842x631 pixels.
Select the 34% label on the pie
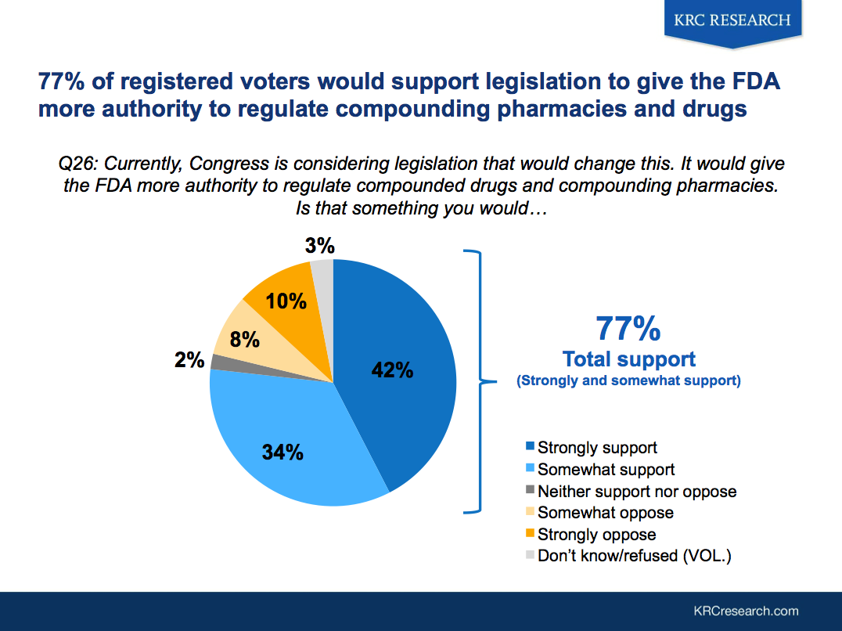pyautogui.click(x=282, y=452)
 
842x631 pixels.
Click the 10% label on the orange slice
pyautogui.click(x=286, y=300)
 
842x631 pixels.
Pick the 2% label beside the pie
pyautogui.click(x=190, y=360)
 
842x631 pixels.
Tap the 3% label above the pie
pyautogui.click(x=319, y=247)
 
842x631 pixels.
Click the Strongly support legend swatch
pyautogui.click(x=531, y=447)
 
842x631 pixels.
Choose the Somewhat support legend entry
pyautogui.click(x=606, y=470)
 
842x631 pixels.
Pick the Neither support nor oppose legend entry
pyautogui.click(x=637, y=492)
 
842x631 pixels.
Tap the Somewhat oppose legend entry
pyautogui.click(x=605, y=513)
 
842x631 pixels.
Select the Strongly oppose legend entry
pyautogui.click(x=596, y=535)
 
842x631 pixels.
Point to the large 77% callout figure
pyautogui.click(x=628, y=329)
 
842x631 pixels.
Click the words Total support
pyautogui.click(x=628, y=359)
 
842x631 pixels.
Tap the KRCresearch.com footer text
pyautogui.click(x=746, y=611)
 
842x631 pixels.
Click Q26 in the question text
pyautogui.click(x=78, y=165)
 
